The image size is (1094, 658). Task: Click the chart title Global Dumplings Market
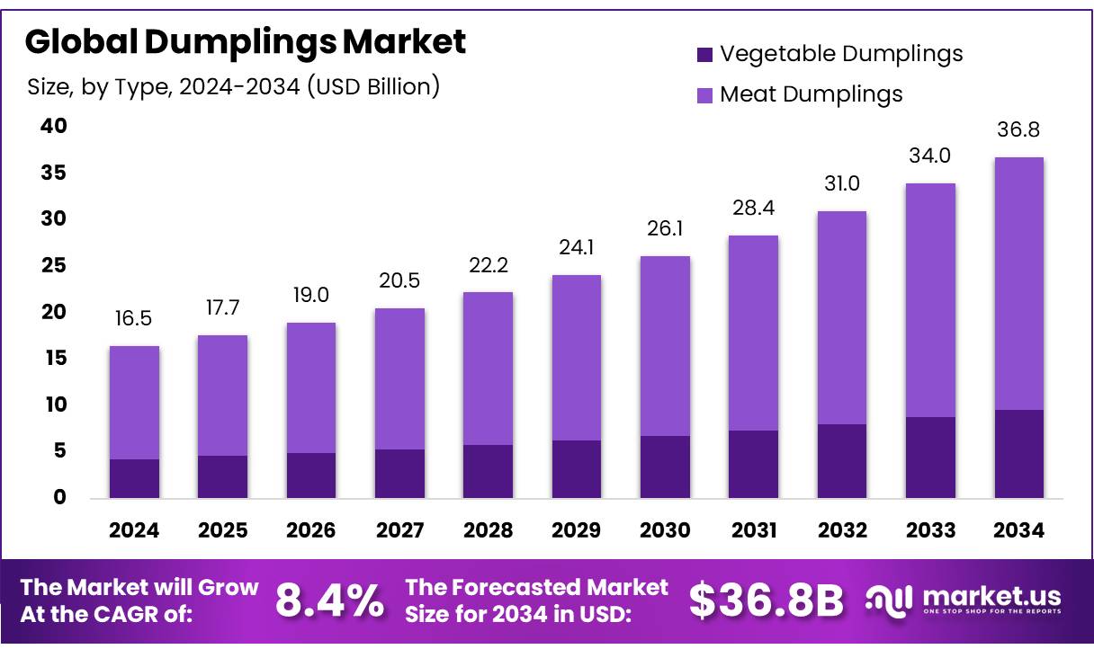point(246,41)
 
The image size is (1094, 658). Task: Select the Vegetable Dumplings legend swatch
point(704,55)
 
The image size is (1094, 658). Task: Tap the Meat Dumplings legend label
point(811,93)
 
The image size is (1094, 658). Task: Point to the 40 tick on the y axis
point(53,126)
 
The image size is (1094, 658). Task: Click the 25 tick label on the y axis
point(53,265)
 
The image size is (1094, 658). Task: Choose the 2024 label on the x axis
point(134,530)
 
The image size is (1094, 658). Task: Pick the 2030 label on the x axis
point(665,530)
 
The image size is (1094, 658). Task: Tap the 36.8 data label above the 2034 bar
point(1019,131)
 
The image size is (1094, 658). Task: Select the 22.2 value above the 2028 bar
point(488,267)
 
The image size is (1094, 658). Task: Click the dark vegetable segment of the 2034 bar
point(1019,454)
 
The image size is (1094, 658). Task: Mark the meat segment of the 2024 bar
point(134,403)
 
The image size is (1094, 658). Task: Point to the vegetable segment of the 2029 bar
point(577,469)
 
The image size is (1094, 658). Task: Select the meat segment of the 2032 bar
point(842,317)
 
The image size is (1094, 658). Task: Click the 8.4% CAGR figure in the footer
point(329,600)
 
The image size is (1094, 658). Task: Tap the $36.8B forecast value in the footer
point(767,600)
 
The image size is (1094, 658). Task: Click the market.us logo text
point(991,596)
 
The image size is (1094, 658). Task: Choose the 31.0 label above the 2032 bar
point(842,184)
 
